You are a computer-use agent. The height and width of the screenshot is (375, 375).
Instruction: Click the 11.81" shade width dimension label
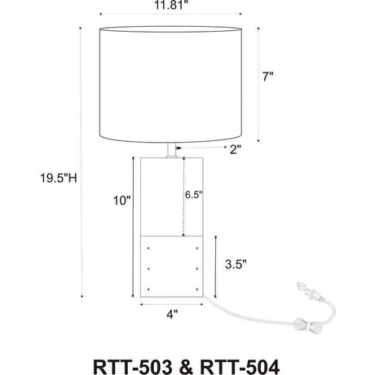tap(171, 5)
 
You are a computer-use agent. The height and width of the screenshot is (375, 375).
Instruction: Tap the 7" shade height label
tap(267, 77)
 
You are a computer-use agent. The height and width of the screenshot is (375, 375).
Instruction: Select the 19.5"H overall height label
tap(59, 179)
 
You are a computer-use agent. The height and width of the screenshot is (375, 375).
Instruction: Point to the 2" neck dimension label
tap(236, 149)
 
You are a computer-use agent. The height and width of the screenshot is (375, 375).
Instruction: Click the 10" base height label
tap(122, 201)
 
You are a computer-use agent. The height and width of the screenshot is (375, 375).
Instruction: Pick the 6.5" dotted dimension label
tap(194, 195)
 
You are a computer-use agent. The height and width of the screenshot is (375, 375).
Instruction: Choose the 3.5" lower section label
tap(236, 264)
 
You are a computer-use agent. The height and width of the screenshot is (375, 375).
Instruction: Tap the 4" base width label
tap(172, 315)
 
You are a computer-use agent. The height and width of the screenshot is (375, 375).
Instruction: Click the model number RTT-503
tap(133, 367)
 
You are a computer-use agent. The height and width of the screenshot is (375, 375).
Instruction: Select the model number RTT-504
tap(240, 367)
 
